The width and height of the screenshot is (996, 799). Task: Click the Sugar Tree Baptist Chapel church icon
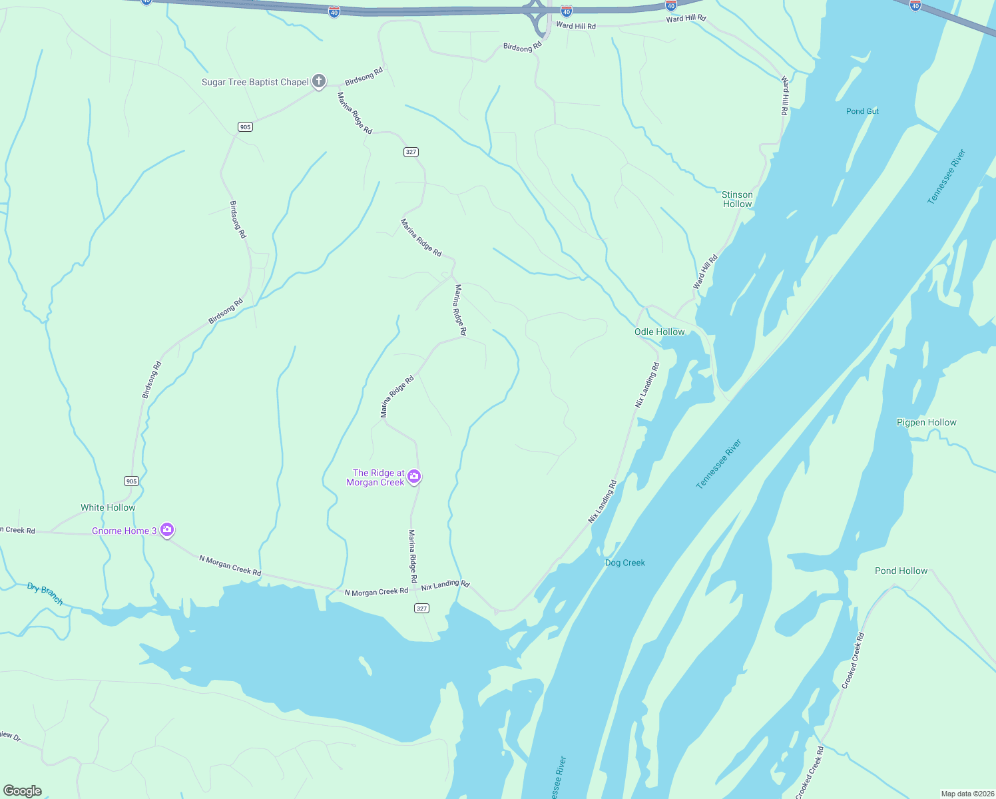(x=319, y=82)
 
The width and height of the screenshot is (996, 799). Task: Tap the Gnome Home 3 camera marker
(x=167, y=530)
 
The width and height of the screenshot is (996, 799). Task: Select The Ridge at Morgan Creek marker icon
(x=414, y=476)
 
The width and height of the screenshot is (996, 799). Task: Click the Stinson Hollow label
(x=737, y=199)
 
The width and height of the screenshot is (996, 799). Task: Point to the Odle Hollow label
(x=659, y=332)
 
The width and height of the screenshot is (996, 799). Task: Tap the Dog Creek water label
(x=624, y=563)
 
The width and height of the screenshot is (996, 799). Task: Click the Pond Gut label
(x=862, y=111)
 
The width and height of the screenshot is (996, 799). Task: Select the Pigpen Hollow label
(x=926, y=422)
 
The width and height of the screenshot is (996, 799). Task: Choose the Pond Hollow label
(x=901, y=571)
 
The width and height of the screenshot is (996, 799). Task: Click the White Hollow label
(x=108, y=507)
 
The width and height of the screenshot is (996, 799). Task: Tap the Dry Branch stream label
(x=45, y=593)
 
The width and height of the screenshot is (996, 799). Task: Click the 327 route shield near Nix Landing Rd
(x=421, y=608)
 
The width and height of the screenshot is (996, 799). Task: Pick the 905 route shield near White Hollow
(x=131, y=481)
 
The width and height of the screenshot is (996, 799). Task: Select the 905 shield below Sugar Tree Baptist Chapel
(x=245, y=127)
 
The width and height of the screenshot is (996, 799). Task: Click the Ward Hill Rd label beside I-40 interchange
(x=575, y=26)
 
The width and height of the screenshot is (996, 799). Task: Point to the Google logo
(x=23, y=790)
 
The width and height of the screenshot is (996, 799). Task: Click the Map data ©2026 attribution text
(x=966, y=794)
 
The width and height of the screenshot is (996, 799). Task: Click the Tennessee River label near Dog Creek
(x=718, y=464)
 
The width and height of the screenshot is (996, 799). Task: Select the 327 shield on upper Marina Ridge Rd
(x=411, y=152)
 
